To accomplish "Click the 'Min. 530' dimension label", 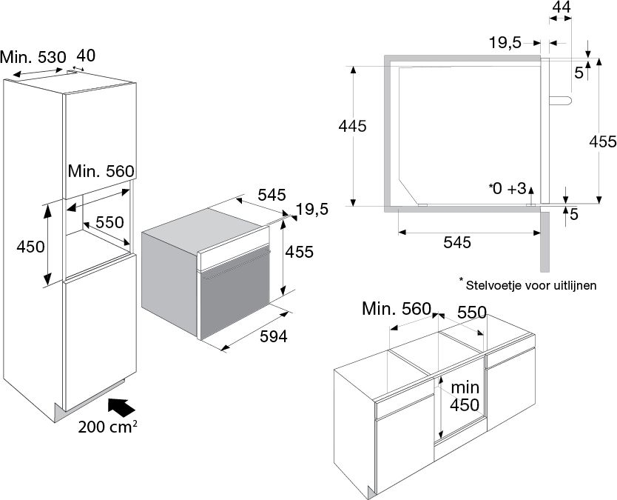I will [x=33, y=56].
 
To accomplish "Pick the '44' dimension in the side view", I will [x=562, y=7].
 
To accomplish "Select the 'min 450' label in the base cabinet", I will [x=464, y=396].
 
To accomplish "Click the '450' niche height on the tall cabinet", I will [x=27, y=247].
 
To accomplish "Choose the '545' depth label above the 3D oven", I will [x=272, y=196].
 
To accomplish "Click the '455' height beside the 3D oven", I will [x=300, y=252].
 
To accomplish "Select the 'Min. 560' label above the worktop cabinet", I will [x=396, y=309].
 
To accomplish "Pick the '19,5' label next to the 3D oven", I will [x=311, y=210].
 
